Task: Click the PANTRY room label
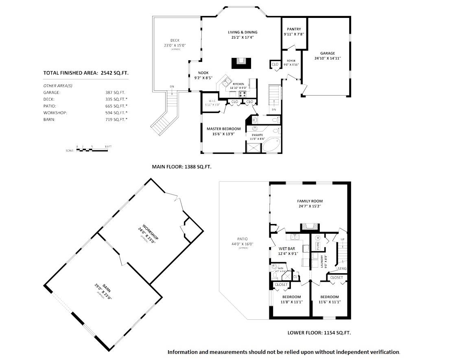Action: pyautogui.click(x=294, y=29)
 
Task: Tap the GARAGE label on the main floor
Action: pyautogui.click(x=327, y=53)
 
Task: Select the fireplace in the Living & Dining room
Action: pyautogui.click(x=242, y=64)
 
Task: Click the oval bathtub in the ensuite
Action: pyautogui.click(x=271, y=145)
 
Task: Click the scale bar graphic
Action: pyautogui.click(x=92, y=149)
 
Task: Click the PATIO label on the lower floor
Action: pyautogui.click(x=243, y=239)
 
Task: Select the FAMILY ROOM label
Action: pyautogui.click(x=310, y=201)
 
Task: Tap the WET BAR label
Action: pyautogui.click(x=286, y=248)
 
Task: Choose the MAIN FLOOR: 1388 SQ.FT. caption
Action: pyautogui.click(x=181, y=167)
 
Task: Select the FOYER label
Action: pyautogui.click(x=291, y=61)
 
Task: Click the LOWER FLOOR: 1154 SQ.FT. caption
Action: pyautogui.click(x=319, y=333)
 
